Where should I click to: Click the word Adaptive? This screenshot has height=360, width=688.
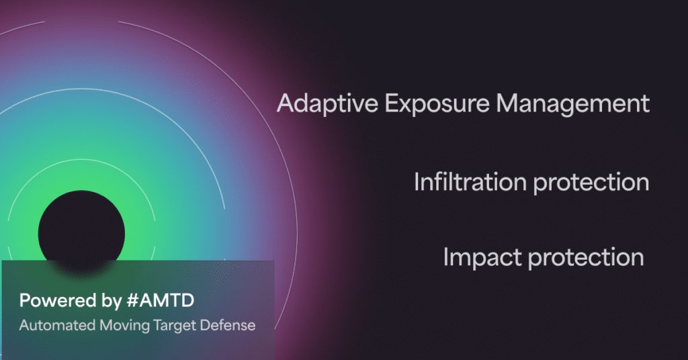(327, 104)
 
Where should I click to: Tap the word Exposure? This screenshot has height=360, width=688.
(437, 103)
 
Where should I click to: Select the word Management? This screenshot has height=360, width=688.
(572, 104)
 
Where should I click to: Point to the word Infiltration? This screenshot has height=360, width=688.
(470, 181)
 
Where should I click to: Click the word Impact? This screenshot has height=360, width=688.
(482, 258)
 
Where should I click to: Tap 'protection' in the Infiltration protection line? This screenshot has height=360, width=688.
(591, 183)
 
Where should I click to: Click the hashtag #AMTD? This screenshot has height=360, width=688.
(160, 301)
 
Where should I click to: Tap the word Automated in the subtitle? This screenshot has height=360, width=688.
(58, 325)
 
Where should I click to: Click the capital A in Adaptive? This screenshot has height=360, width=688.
(286, 104)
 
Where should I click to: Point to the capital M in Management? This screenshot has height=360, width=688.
(507, 104)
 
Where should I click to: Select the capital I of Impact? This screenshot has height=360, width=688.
(446, 257)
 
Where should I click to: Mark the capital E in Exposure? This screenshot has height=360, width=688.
(392, 104)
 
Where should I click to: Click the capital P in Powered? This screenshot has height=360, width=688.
(26, 301)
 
